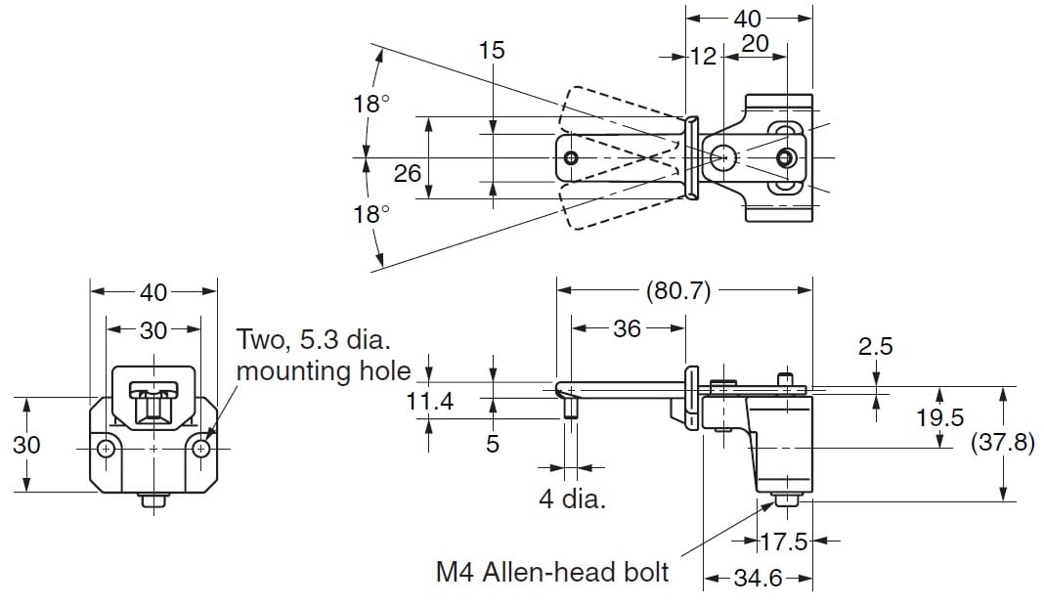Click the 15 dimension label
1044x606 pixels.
(492, 50)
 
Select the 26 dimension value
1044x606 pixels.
(407, 174)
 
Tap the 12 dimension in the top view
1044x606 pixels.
(703, 57)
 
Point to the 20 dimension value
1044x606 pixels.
(754, 43)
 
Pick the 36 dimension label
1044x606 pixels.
(627, 328)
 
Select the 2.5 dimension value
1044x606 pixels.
(877, 347)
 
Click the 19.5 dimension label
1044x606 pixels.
(939, 417)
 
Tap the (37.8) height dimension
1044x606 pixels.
(1001, 443)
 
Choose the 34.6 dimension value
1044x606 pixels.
(758, 578)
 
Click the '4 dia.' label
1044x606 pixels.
(572, 499)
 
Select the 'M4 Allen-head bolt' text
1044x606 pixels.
(552, 571)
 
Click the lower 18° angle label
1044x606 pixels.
(371, 214)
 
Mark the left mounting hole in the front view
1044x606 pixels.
(107, 449)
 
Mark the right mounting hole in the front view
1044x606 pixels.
(200, 449)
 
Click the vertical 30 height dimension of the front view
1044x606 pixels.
(27, 445)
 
